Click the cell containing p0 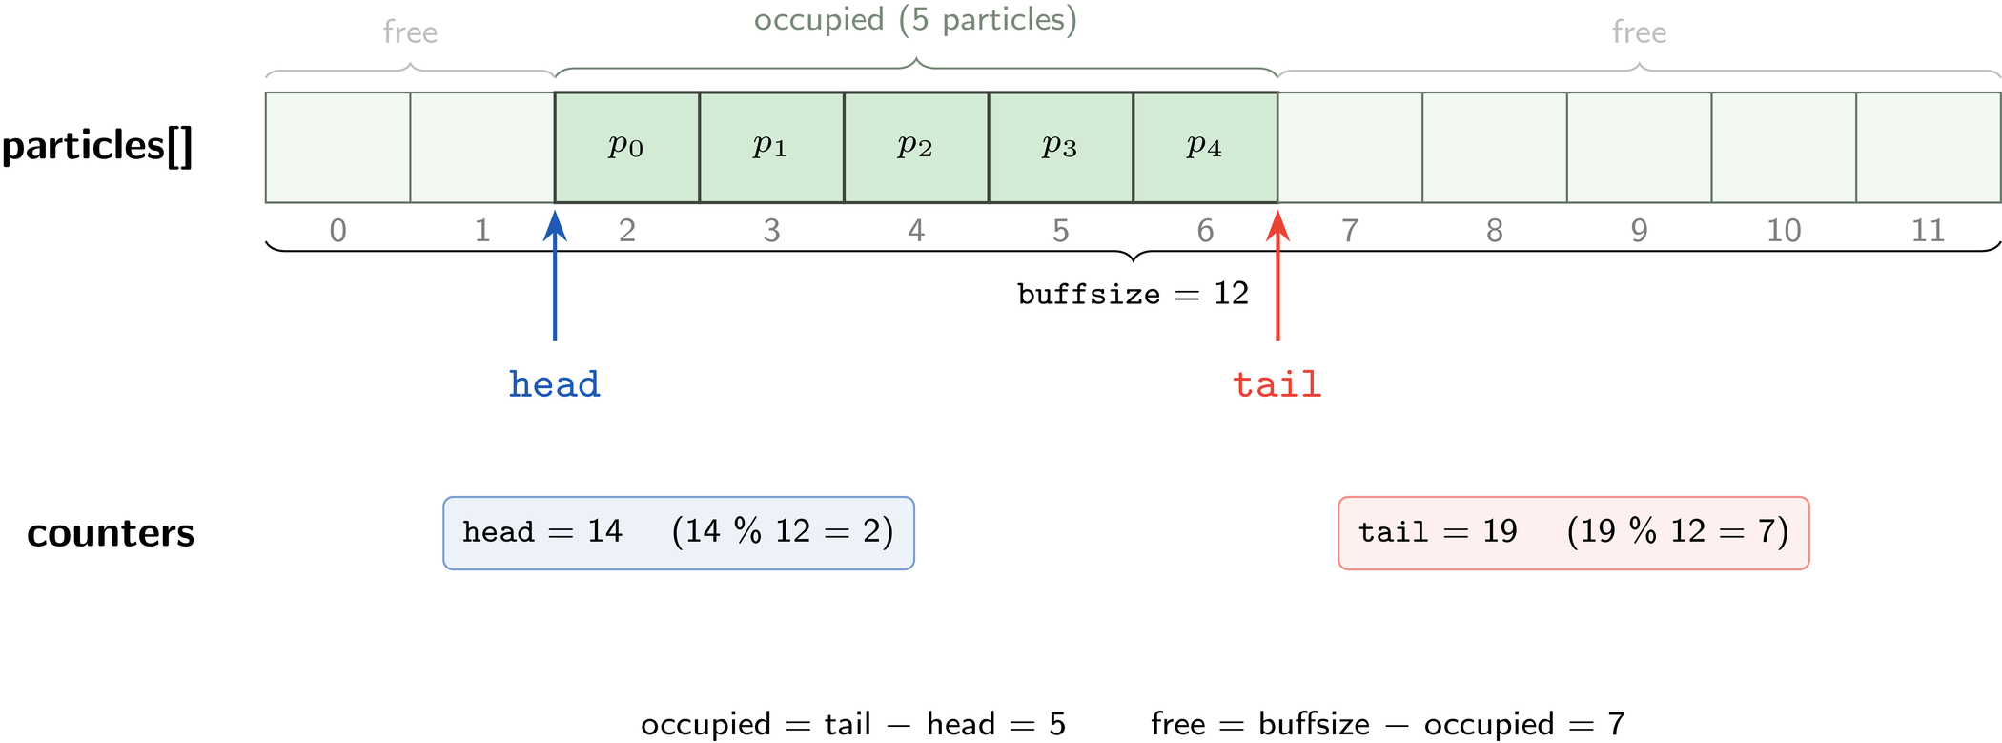[627, 147]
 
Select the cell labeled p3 [1061, 147]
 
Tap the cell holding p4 [1206, 147]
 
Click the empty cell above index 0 [338, 147]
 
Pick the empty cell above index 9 [1640, 147]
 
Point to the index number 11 [1928, 231]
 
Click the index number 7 [1350, 231]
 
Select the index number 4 [916, 231]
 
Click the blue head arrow [555, 275]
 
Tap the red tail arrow [1278, 275]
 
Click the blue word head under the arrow [555, 384]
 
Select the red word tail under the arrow [1277, 384]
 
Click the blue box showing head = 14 [679, 533]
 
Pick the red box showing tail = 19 [1574, 533]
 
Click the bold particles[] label [97, 147]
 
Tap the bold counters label [111, 533]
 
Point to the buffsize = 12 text [1134, 294]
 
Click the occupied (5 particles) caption [915, 21]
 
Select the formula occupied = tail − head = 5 [853, 724]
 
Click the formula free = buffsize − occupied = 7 [1388, 724]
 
